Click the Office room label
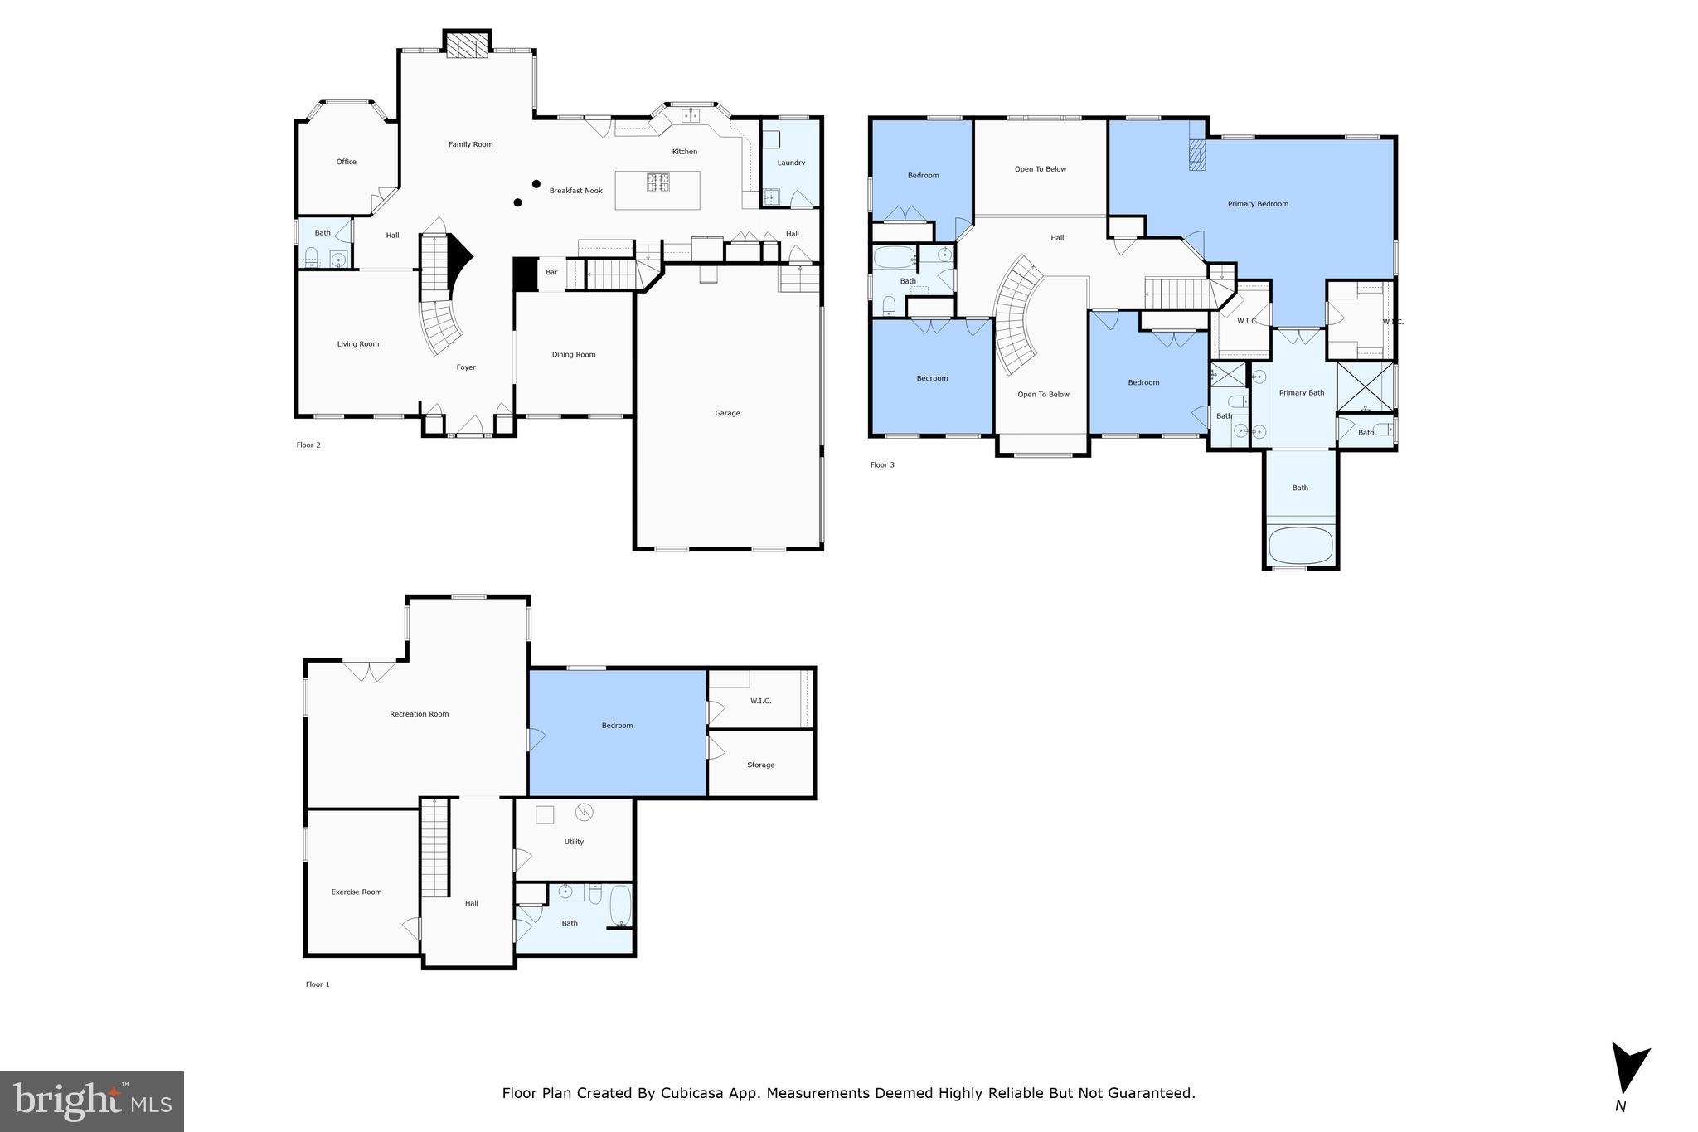tap(347, 162)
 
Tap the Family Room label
tap(471, 144)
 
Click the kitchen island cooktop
tap(658, 182)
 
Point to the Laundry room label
tap(791, 163)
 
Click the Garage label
tap(728, 413)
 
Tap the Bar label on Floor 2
tap(551, 272)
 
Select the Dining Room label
tap(574, 355)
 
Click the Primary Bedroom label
tap(1258, 204)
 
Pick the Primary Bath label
tap(1302, 393)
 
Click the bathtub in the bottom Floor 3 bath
tap(1300, 545)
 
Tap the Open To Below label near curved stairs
tap(1043, 395)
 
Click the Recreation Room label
tap(420, 714)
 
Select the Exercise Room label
tap(357, 892)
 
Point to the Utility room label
tap(574, 842)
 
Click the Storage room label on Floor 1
tap(760, 765)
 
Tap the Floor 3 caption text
tap(882, 465)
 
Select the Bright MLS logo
tap(92, 1101)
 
